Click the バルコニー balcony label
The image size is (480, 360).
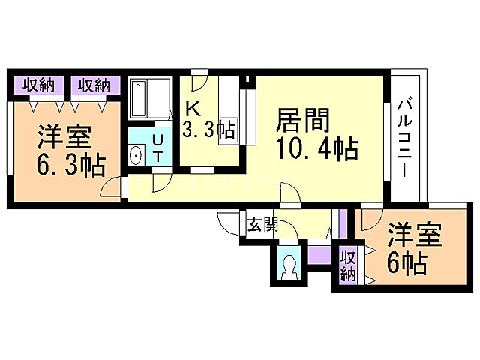click(404, 136)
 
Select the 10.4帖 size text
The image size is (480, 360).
click(317, 147)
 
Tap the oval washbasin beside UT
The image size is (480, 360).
click(136, 156)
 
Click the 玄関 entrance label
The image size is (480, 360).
click(262, 223)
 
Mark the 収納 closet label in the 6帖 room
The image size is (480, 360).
click(347, 265)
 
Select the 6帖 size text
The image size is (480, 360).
click(407, 263)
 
